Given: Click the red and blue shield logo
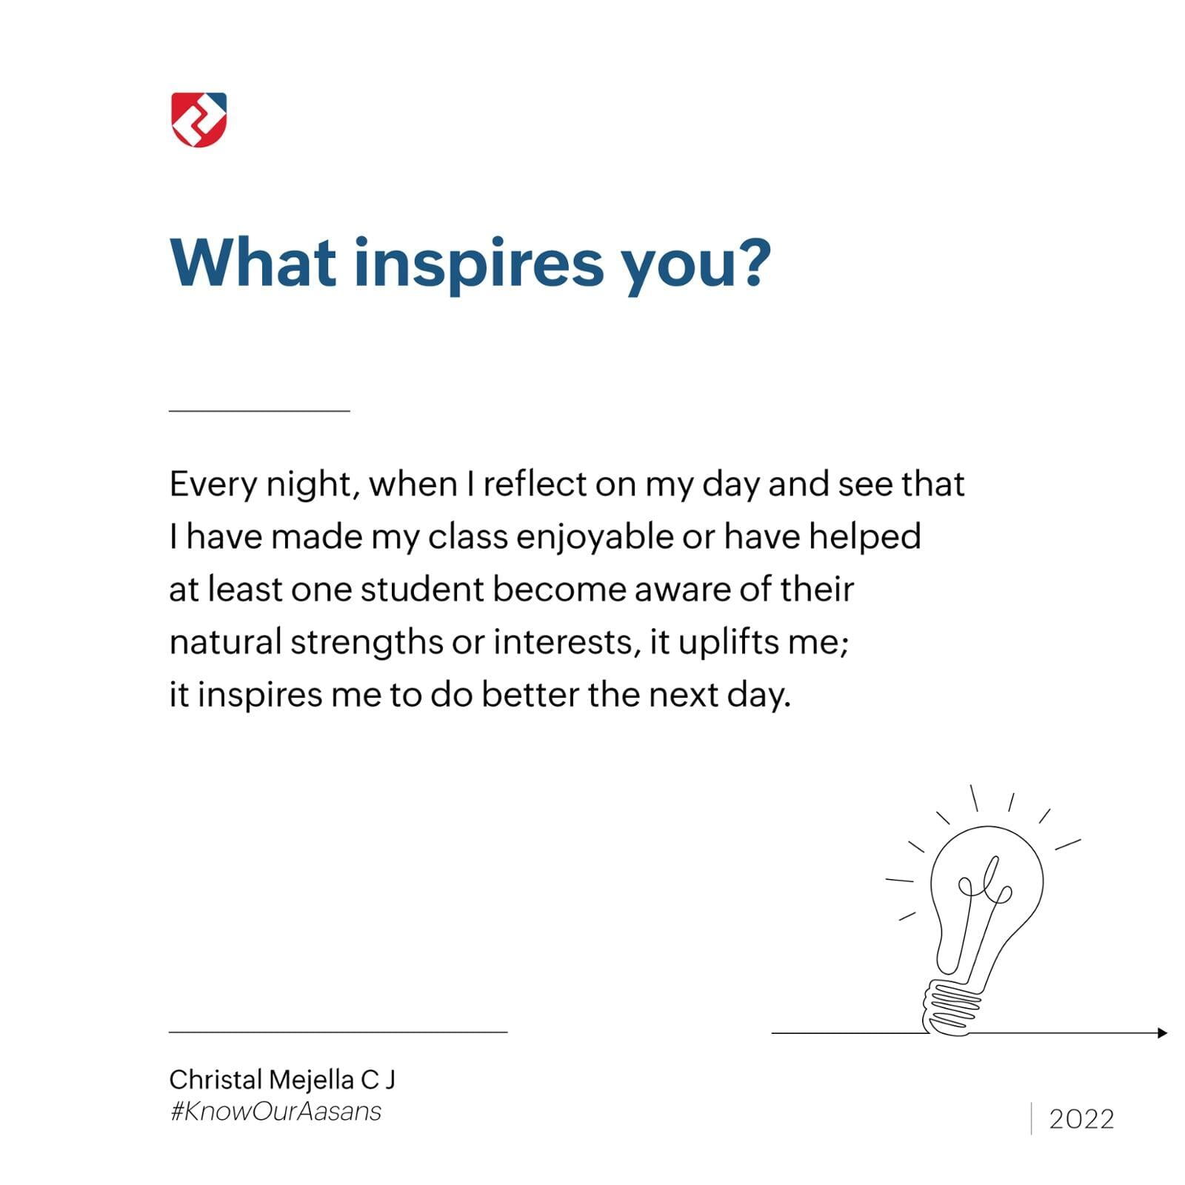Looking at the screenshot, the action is pyautogui.click(x=198, y=119).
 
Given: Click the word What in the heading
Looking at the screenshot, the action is pyautogui.click(x=253, y=262).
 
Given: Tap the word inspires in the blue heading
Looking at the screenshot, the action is pyautogui.click(x=478, y=266).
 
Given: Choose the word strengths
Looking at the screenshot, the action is pyautogui.click(x=366, y=643).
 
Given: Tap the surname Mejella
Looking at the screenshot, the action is pyautogui.click(x=311, y=1081).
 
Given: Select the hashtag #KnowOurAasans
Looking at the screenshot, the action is pyautogui.click(x=276, y=1112).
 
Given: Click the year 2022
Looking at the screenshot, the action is pyautogui.click(x=1081, y=1119).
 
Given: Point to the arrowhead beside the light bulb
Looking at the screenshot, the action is pyautogui.click(x=1162, y=1032).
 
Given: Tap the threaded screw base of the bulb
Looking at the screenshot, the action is pyautogui.click(x=950, y=1007).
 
